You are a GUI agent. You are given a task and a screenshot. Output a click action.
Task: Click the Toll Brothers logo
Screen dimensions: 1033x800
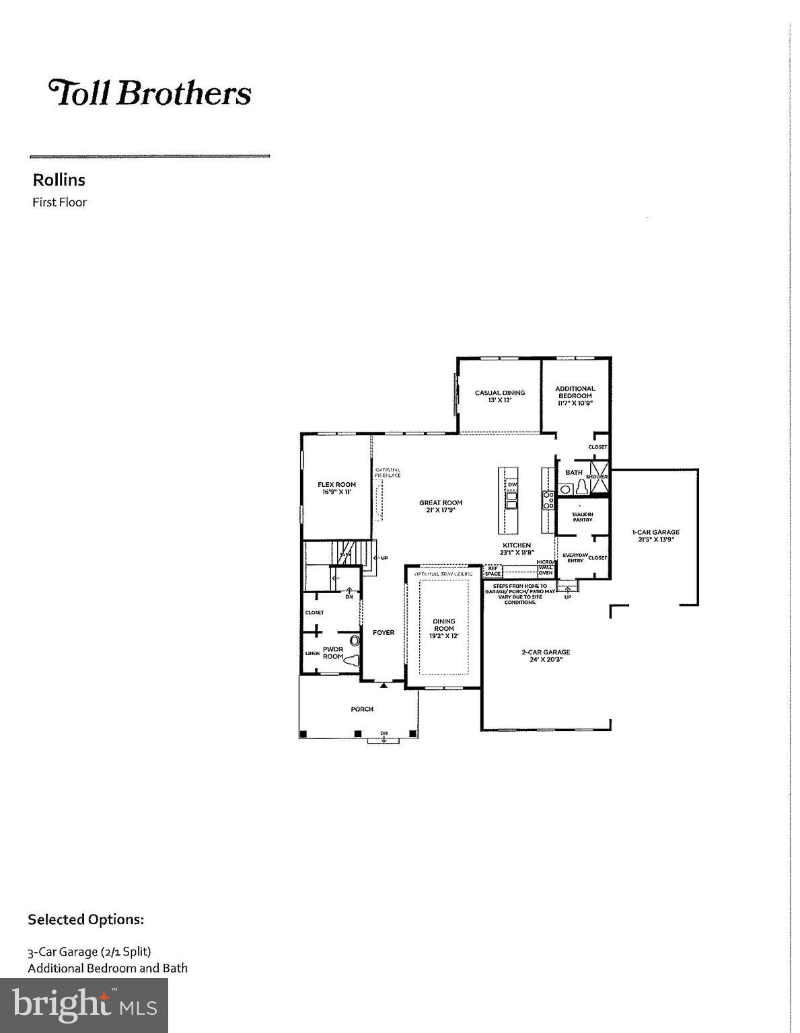[x=149, y=93]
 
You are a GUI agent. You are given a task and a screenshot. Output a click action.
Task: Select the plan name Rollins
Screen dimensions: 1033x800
[x=59, y=180]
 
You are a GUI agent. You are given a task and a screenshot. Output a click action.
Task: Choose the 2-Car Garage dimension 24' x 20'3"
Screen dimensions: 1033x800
[x=546, y=660]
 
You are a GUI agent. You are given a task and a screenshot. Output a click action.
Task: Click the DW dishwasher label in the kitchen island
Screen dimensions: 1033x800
[x=512, y=485]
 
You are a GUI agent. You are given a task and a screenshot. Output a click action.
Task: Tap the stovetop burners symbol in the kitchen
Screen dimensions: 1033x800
[x=548, y=499]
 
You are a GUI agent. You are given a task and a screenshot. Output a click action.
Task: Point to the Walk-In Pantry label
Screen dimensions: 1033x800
[x=582, y=516]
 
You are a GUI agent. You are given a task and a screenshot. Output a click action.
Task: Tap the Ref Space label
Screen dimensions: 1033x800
[x=493, y=571]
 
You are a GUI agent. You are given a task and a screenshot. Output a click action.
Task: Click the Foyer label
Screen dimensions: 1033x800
[x=384, y=632]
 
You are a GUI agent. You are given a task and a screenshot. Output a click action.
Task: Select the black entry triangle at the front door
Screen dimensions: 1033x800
[x=384, y=685]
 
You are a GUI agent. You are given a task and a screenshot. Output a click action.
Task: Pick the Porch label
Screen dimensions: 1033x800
[x=361, y=709]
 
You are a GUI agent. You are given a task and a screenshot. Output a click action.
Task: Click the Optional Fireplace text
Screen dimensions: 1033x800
[x=388, y=472]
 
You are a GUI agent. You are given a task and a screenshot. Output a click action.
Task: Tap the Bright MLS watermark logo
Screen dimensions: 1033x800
[x=84, y=1005]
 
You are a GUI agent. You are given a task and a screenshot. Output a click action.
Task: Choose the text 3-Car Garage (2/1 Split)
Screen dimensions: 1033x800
[x=89, y=952]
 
